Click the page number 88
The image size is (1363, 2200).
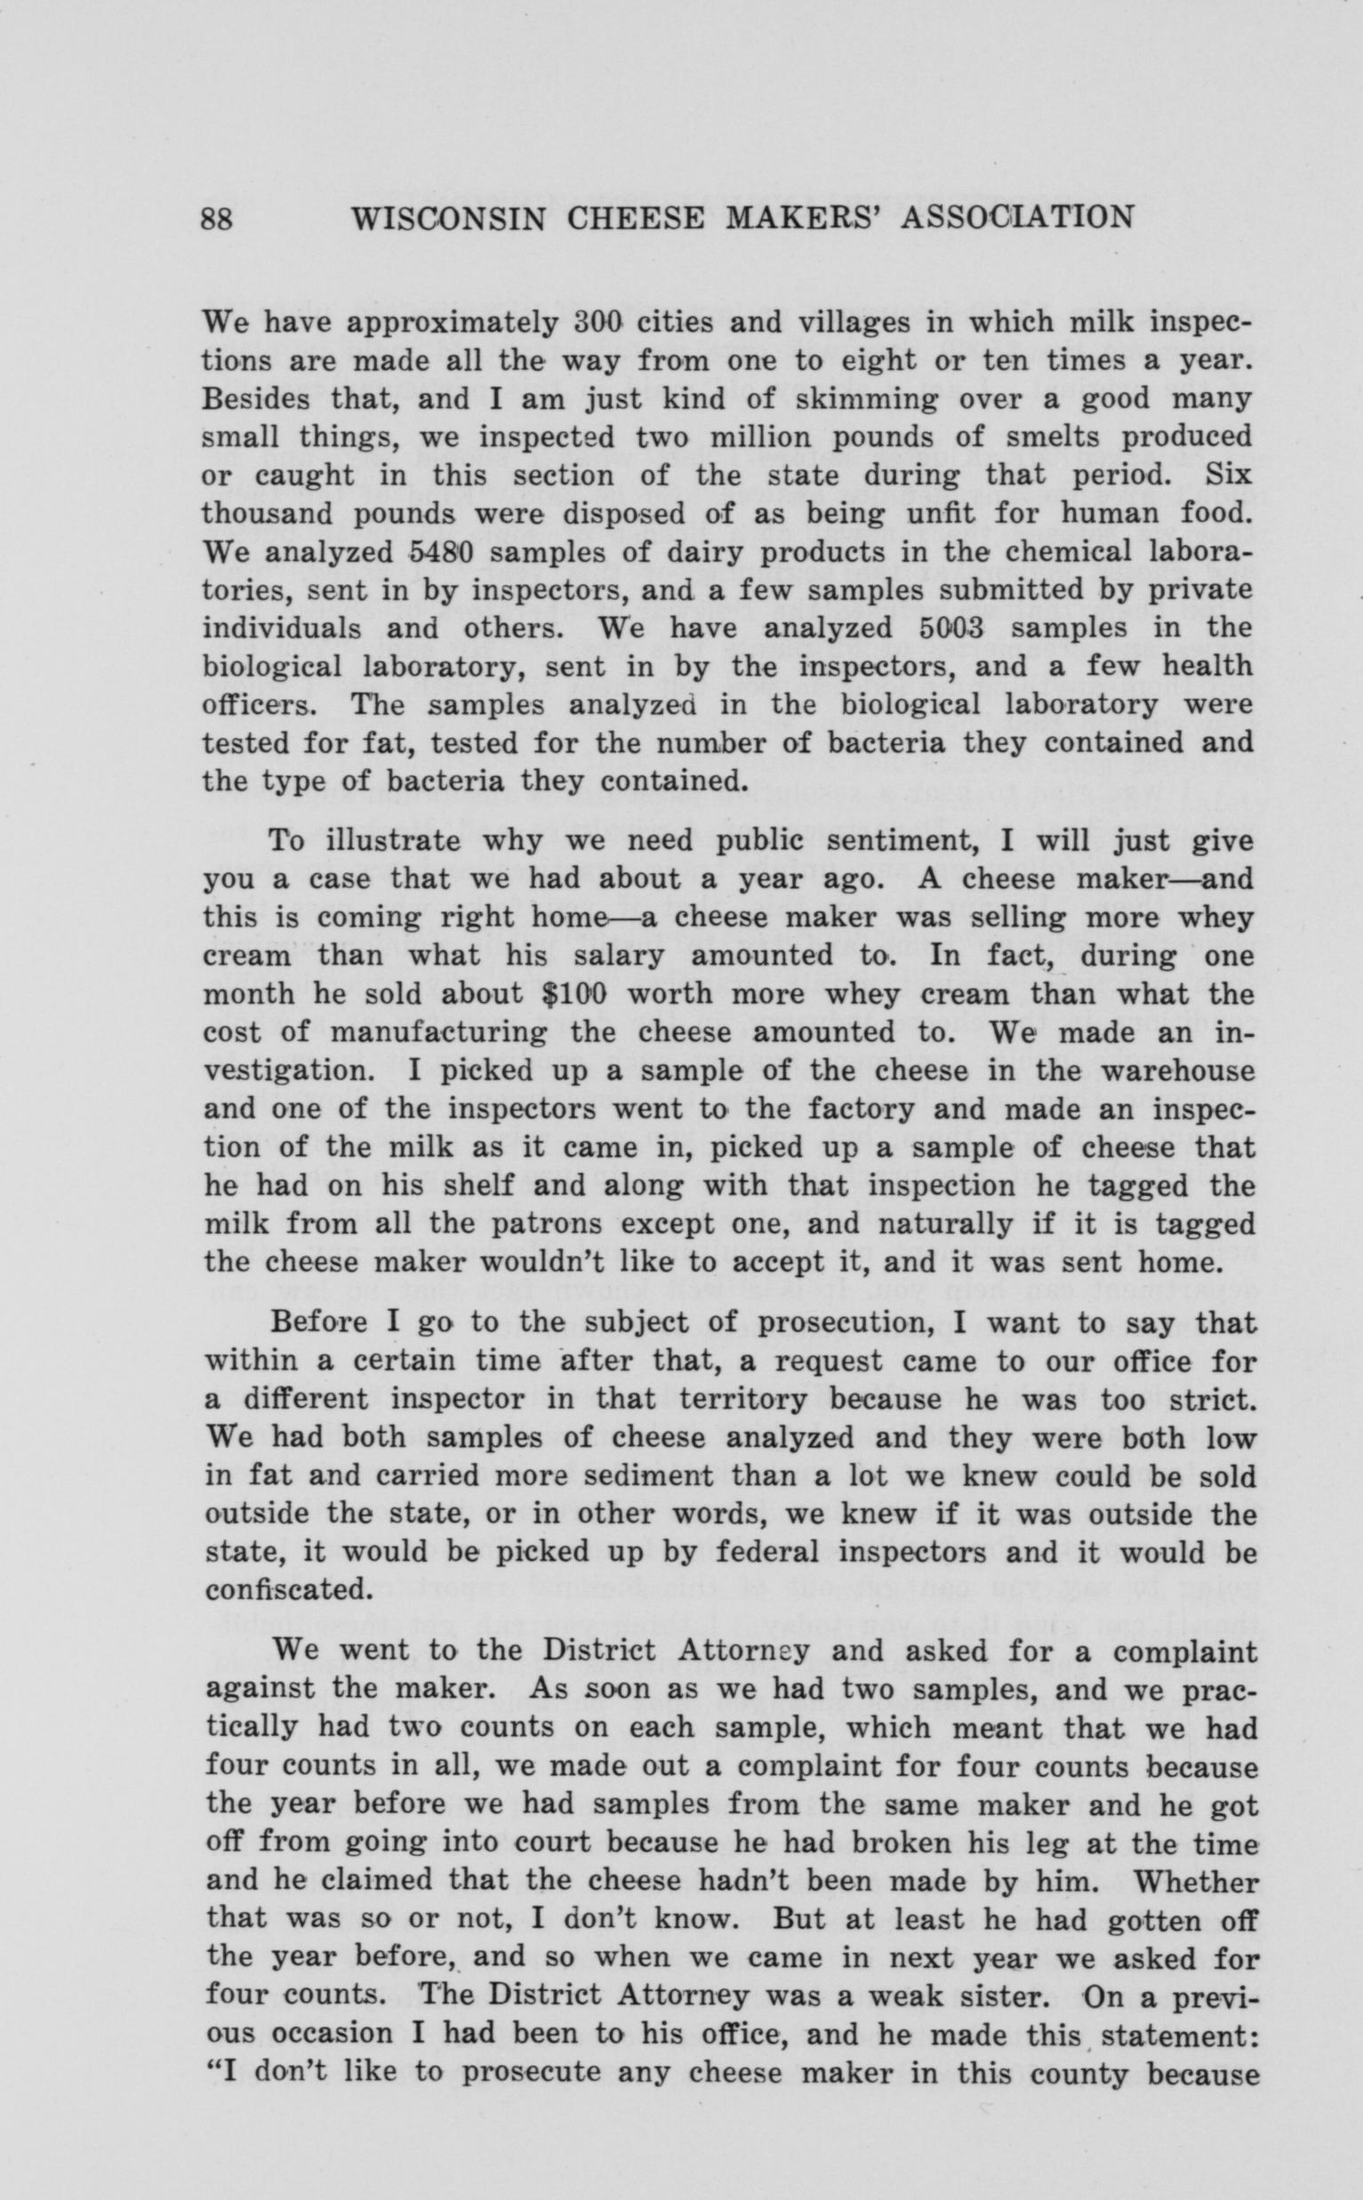[x=217, y=219]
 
